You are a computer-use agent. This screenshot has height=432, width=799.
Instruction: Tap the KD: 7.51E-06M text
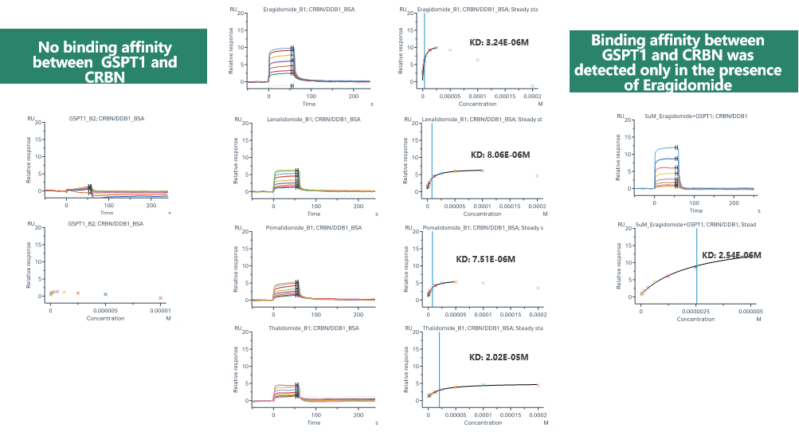[486, 259]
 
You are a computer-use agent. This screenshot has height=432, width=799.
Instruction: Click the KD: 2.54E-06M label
[731, 255]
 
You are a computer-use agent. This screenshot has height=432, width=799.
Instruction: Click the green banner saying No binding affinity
[104, 56]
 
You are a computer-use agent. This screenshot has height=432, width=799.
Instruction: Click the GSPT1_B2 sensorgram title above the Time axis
[106, 119]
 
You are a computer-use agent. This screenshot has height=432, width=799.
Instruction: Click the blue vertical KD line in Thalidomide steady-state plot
[439, 367]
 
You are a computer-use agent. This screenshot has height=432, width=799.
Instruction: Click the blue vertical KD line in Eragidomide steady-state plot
[424, 48]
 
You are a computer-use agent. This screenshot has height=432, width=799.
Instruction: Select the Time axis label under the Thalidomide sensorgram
[314, 414]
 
